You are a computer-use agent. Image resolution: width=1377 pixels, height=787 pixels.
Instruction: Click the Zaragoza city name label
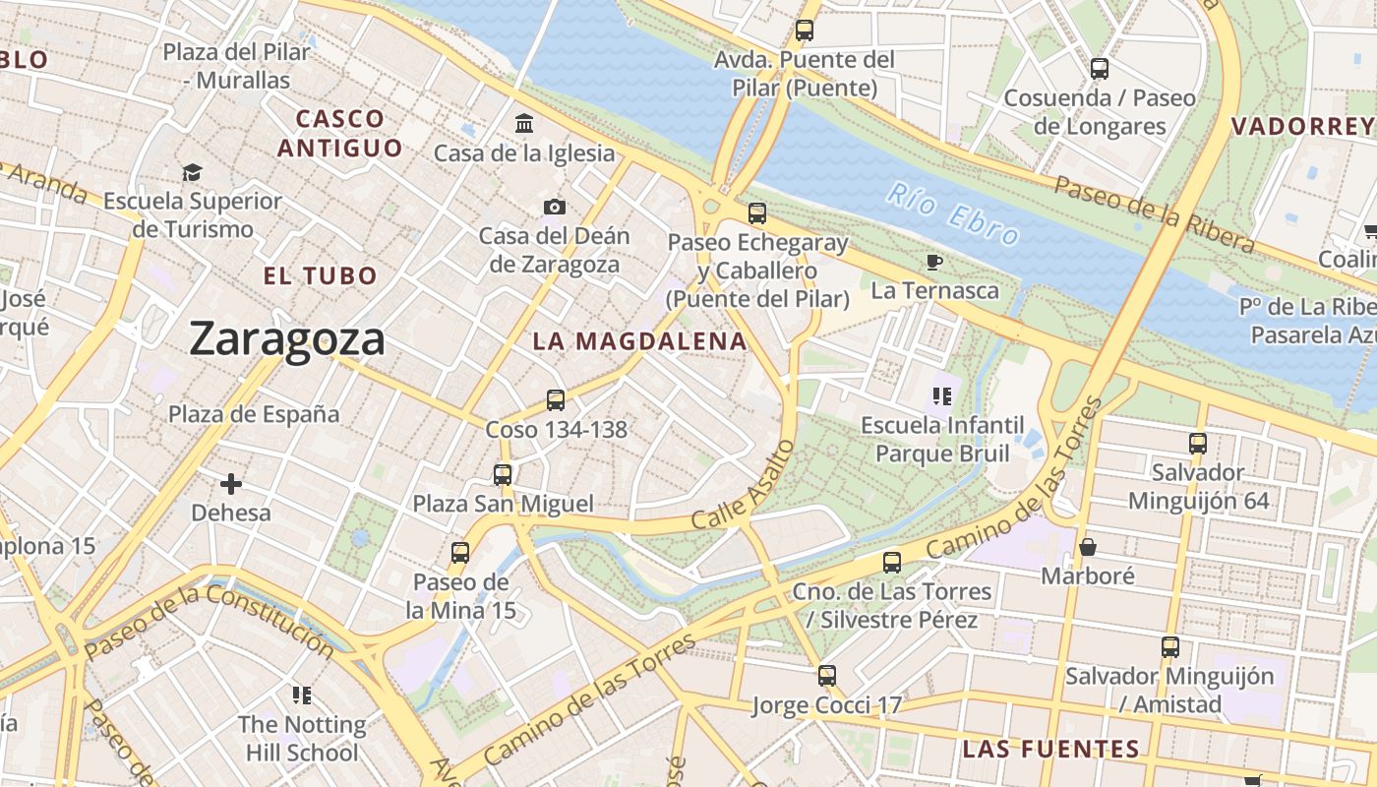(x=287, y=339)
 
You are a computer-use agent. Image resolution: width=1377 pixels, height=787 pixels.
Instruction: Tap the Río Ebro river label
(x=951, y=212)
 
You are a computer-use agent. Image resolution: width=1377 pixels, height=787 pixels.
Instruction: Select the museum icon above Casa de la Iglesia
(x=524, y=124)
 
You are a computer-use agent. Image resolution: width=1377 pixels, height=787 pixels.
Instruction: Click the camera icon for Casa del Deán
(x=555, y=207)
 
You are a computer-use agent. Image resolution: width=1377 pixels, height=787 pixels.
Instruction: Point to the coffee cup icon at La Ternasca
(x=933, y=262)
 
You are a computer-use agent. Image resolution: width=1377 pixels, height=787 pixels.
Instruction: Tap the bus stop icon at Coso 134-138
(x=556, y=399)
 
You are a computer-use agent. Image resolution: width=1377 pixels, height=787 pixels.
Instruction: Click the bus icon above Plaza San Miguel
(x=503, y=474)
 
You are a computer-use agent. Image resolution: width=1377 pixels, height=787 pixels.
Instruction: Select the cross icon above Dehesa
(x=231, y=484)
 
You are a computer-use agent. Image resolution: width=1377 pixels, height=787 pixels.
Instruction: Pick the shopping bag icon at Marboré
(x=1088, y=546)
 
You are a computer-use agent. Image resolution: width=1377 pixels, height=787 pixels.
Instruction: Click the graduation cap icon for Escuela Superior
(x=192, y=172)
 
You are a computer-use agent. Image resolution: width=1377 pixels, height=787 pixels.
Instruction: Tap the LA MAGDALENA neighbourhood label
(x=639, y=341)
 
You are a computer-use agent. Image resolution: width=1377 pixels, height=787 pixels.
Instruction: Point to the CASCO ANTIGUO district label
(x=340, y=134)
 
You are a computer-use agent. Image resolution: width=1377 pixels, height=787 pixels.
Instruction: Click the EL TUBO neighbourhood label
(x=321, y=275)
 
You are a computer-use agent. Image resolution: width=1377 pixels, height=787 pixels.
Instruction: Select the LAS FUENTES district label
(x=1050, y=749)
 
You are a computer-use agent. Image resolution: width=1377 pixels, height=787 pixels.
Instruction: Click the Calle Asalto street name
(x=743, y=485)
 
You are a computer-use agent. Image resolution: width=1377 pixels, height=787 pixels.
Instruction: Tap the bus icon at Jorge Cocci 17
(x=827, y=676)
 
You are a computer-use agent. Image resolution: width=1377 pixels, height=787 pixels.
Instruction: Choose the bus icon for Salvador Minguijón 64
(x=1197, y=443)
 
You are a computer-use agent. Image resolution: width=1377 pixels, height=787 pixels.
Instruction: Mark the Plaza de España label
(x=254, y=414)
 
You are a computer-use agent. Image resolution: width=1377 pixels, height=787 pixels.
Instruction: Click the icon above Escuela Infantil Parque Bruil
(x=942, y=396)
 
